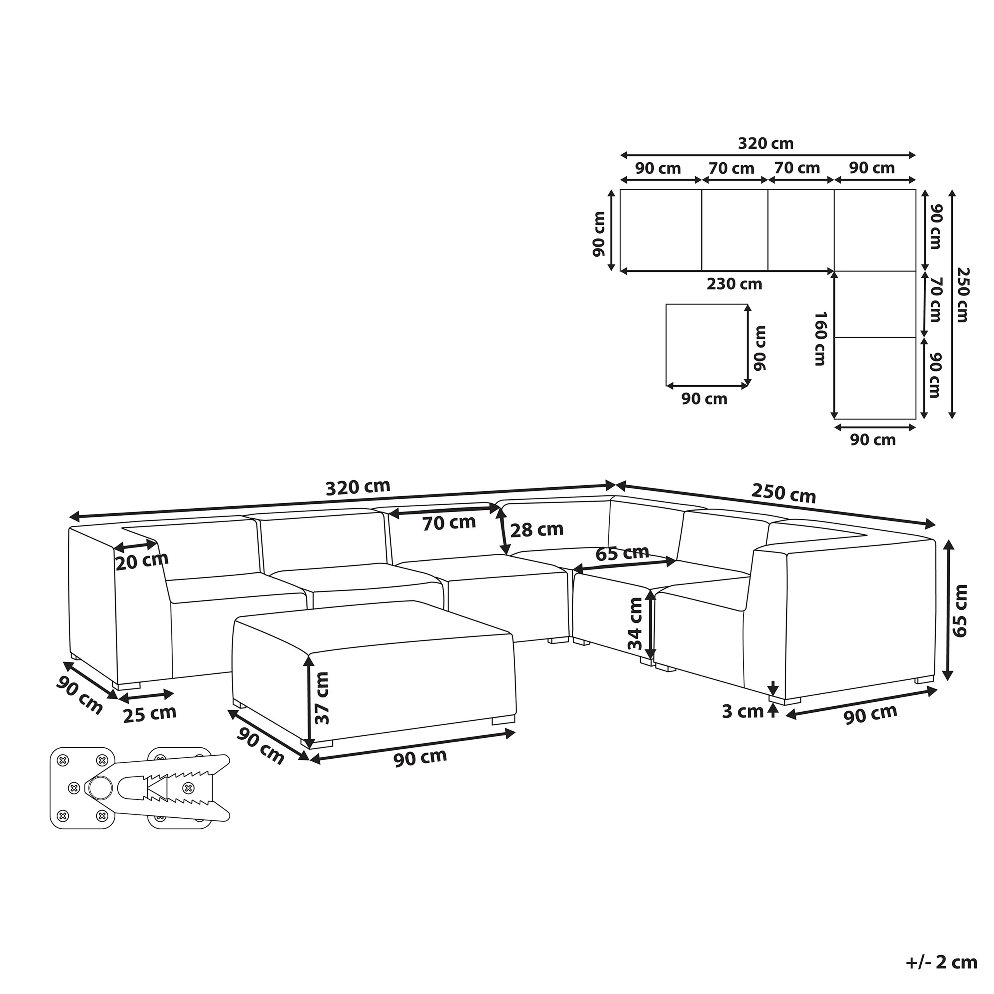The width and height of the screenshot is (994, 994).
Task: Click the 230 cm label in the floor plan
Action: pos(734,284)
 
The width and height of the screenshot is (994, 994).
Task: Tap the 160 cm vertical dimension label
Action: pos(820,338)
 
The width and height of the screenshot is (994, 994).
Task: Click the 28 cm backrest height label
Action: pos(537,529)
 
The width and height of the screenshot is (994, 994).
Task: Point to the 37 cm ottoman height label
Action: pos(322,698)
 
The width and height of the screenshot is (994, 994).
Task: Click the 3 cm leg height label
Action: pos(742,712)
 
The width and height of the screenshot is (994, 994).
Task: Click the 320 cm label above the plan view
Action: pos(766,144)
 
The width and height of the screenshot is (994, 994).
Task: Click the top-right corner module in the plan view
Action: pos(875,230)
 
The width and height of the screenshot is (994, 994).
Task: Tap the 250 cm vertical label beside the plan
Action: pos(961,294)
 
